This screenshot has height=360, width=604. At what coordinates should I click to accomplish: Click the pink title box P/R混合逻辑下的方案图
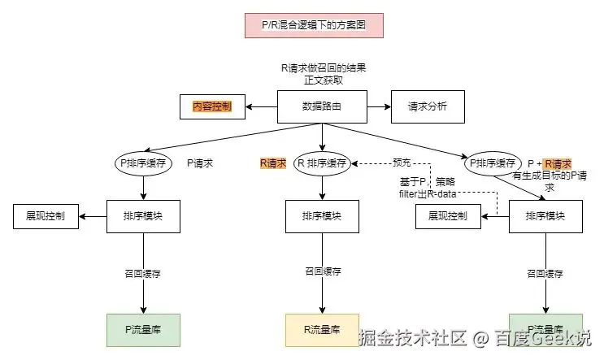[313, 25]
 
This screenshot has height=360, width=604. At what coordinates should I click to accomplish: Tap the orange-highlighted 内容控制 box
[212, 106]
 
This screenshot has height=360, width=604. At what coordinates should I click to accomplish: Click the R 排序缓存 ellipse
[322, 163]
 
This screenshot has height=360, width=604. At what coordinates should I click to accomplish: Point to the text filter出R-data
[427, 194]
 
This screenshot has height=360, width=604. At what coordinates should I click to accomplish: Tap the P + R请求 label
[550, 163]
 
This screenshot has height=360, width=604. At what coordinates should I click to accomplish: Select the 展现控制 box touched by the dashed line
[447, 216]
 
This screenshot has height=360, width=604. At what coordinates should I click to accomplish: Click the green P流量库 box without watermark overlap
[144, 329]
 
